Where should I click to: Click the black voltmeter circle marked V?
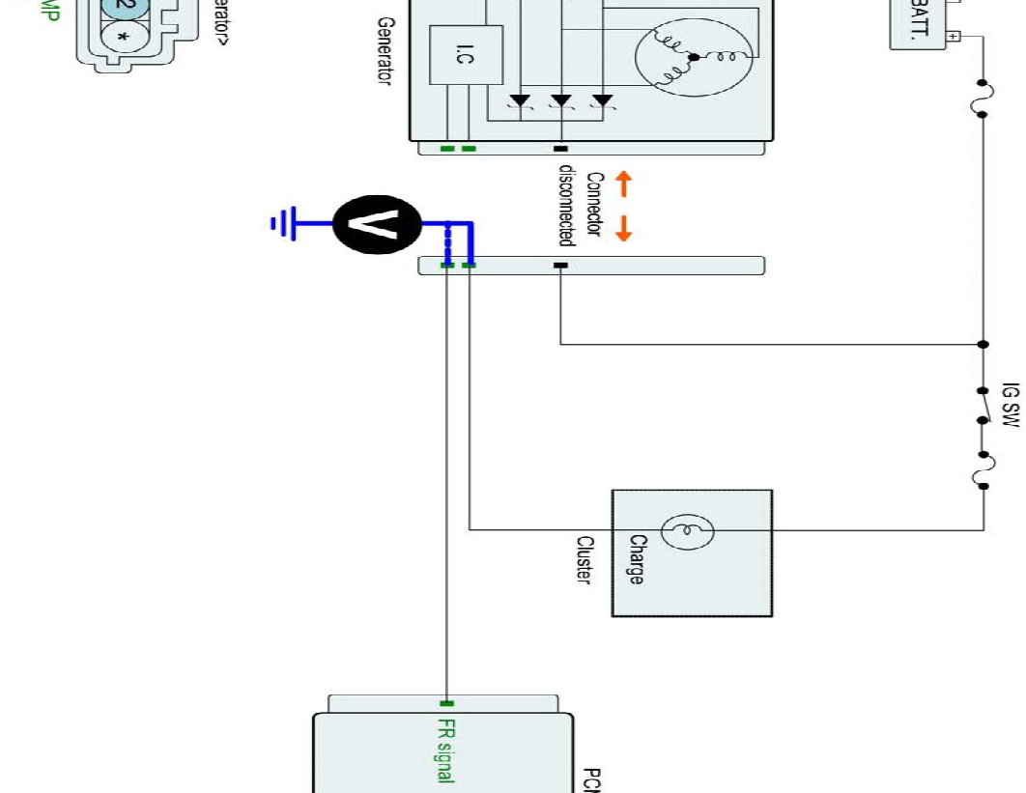[x=377, y=225]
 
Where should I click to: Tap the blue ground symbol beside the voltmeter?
[x=279, y=225]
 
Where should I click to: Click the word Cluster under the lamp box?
[x=584, y=560]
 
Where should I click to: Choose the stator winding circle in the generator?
[x=694, y=58]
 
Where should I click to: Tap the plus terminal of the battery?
[x=954, y=36]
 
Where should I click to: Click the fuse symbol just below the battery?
[x=983, y=98]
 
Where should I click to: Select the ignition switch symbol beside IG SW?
[x=983, y=406]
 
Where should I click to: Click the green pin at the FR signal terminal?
[x=446, y=703]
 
